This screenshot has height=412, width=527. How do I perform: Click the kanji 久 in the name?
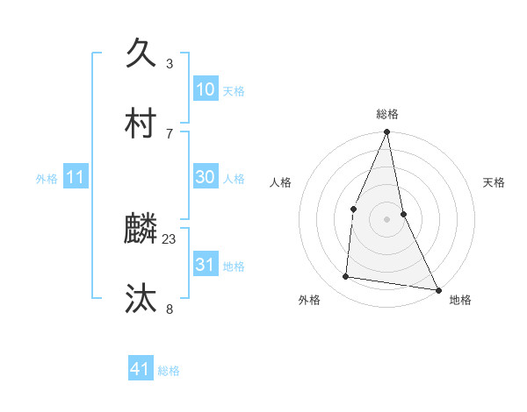141,53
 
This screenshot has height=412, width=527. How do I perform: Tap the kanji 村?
141,124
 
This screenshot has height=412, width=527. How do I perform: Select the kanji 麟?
141,229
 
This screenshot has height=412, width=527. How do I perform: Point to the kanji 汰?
141,299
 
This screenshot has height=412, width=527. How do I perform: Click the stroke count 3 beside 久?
170,63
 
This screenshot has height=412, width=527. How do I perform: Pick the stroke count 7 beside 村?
170,133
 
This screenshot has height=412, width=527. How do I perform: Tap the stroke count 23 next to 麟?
170,238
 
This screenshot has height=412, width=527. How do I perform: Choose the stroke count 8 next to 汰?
170,309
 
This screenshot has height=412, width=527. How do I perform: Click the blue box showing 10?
206,89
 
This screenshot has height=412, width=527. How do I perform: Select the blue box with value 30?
206,177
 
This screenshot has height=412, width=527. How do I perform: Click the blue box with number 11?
76,178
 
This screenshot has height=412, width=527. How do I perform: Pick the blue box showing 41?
141,369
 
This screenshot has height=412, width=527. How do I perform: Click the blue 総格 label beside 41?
169,371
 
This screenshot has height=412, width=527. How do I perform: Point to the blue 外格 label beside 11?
47,179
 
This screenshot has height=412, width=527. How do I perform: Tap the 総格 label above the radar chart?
387,114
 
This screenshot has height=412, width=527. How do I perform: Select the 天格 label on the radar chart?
495,182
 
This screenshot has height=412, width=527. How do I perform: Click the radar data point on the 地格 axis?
437,288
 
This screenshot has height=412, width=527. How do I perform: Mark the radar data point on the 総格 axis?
387,132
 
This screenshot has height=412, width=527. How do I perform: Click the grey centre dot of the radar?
387,218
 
